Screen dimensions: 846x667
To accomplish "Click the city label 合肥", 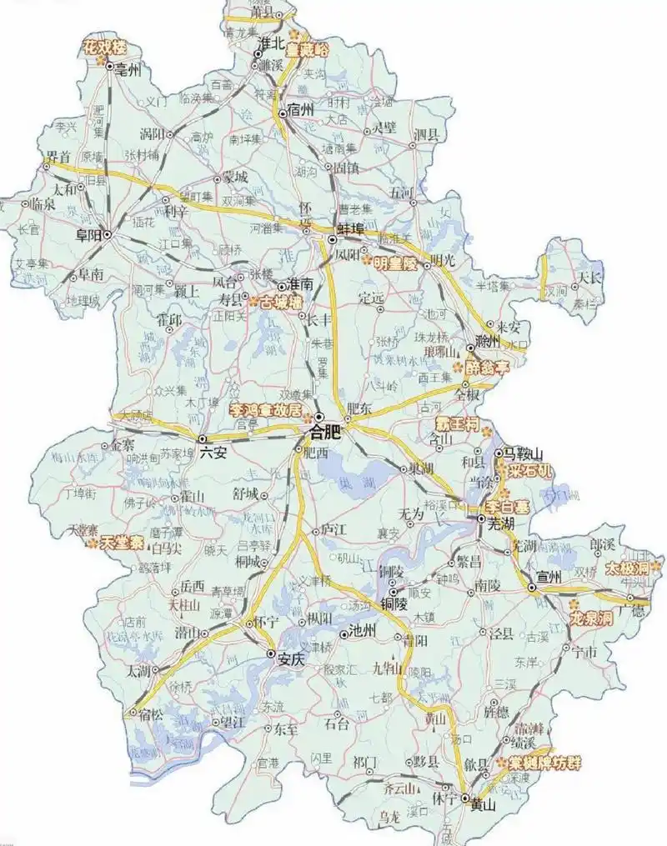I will click(x=326, y=432).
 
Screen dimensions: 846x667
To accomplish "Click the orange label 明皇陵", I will click(x=394, y=263).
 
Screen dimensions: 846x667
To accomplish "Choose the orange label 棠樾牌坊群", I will click(x=546, y=762).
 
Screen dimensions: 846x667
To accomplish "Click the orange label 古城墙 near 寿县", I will click(x=280, y=303).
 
